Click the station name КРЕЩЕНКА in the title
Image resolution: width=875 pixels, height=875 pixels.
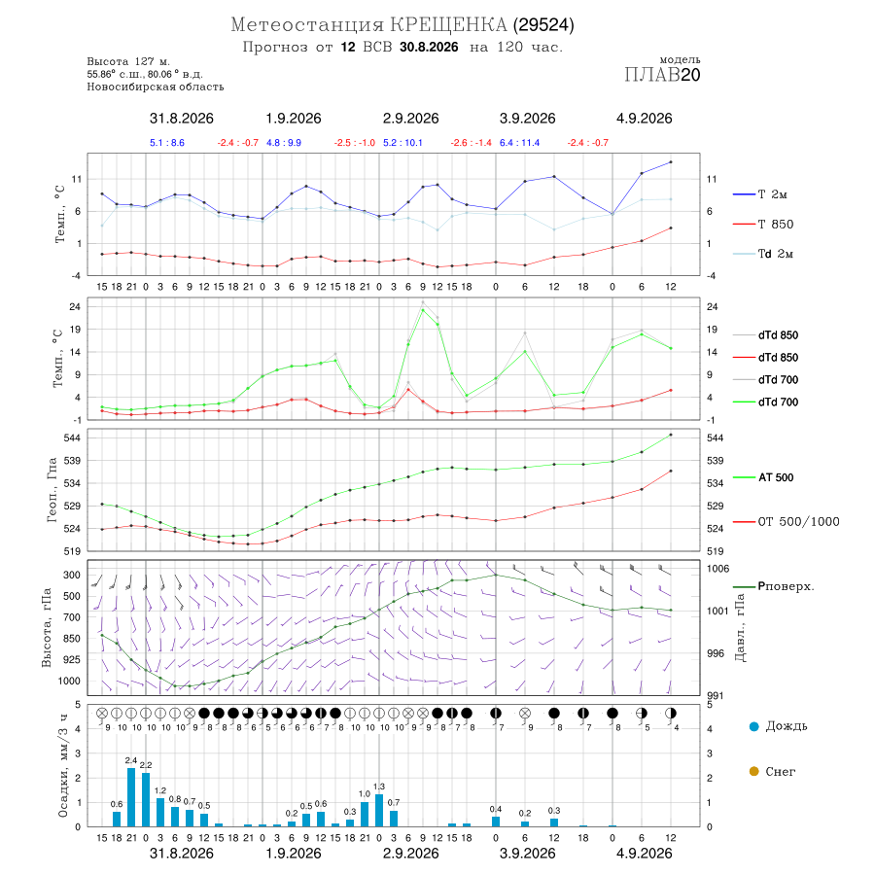point(448,25)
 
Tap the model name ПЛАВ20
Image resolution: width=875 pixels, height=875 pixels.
point(662,75)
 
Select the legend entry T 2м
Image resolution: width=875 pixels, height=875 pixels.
point(759,194)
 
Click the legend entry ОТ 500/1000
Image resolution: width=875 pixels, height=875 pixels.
point(786,521)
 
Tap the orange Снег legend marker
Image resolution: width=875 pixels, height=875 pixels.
point(753,771)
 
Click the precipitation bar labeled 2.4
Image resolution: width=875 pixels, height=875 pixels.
point(131,797)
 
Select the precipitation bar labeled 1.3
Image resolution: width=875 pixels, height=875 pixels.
point(379,810)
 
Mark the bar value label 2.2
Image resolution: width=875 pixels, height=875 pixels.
point(146,764)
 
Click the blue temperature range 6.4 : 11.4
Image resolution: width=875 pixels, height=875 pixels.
point(519,143)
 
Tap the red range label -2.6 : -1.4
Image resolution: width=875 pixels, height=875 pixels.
point(471,143)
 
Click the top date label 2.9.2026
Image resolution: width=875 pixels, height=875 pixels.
point(410,119)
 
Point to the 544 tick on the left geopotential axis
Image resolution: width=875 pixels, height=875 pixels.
point(73,438)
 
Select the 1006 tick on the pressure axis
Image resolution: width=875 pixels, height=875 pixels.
point(717,569)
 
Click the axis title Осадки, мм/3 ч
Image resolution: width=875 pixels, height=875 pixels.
point(63,766)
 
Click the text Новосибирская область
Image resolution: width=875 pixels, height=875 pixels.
point(156,87)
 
